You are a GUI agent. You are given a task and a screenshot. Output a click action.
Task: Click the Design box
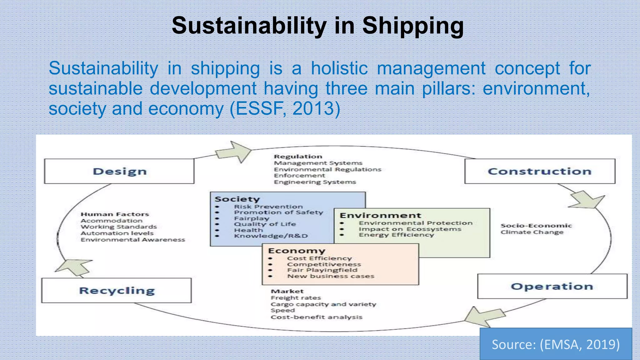pyautogui.click(x=119, y=171)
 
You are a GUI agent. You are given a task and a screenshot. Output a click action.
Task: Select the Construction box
pyautogui.click(x=540, y=171)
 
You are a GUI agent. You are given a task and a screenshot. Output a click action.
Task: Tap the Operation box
pyautogui.click(x=552, y=286)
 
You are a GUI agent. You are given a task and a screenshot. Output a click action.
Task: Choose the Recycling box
pyautogui.click(x=117, y=291)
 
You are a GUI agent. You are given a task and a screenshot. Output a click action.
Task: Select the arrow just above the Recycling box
pyautogui.click(x=75, y=267)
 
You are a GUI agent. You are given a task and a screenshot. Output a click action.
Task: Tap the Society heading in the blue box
pyautogui.click(x=237, y=199)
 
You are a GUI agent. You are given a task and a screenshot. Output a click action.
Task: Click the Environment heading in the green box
pyautogui.click(x=380, y=216)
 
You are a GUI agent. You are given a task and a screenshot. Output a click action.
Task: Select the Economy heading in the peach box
pyautogui.click(x=297, y=251)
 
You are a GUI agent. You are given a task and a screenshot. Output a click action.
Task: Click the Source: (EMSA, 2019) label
pyautogui.click(x=556, y=344)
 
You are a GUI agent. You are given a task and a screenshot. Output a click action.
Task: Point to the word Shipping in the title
pyautogui.click(x=413, y=26)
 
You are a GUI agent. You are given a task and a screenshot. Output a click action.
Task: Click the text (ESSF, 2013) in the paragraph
pyautogui.click(x=285, y=109)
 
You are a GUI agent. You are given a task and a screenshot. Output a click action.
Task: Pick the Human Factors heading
pyautogui.click(x=115, y=214)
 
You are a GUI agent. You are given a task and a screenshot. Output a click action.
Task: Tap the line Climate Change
pyautogui.click(x=532, y=232)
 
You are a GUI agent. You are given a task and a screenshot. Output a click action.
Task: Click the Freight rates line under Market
pyautogui.click(x=296, y=298)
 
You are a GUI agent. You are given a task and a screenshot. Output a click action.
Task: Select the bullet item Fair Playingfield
pyautogui.click(x=322, y=270)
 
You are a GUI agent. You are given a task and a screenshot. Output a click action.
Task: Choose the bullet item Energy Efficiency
pyautogui.click(x=396, y=235)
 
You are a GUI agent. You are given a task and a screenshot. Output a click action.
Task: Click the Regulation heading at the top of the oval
pyautogui.click(x=298, y=157)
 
